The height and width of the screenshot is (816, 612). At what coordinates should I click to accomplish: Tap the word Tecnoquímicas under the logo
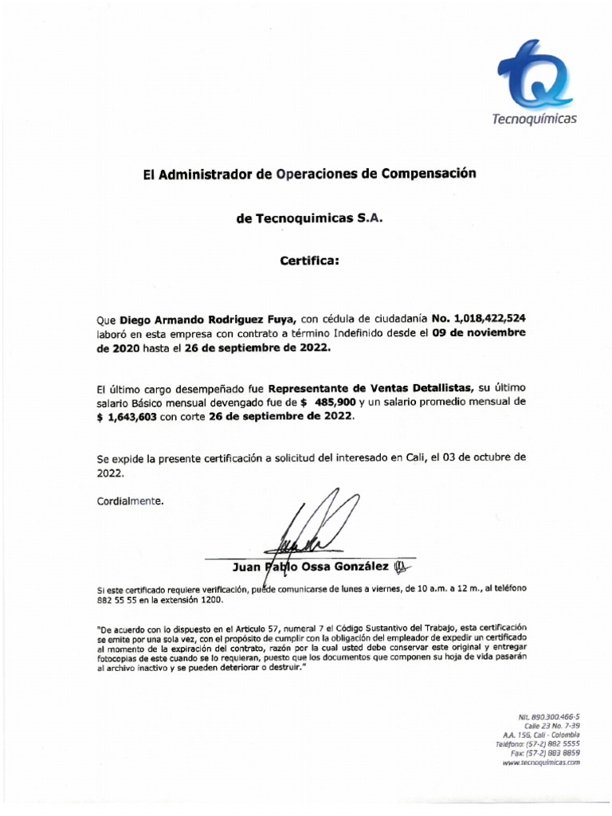(533, 119)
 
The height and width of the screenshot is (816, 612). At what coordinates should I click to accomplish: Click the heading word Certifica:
(309, 260)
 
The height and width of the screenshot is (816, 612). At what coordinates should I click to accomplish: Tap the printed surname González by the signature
(360, 567)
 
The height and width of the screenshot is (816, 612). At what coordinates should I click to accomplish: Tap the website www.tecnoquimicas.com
(541, 763)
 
